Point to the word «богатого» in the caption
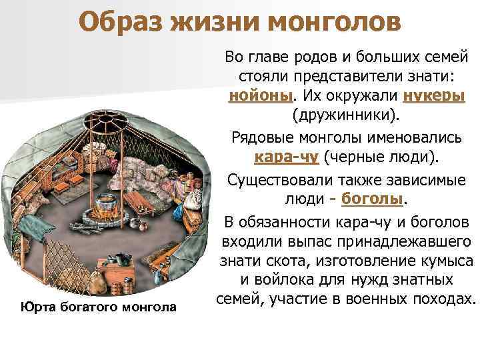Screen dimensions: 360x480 [x=83, y=307]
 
